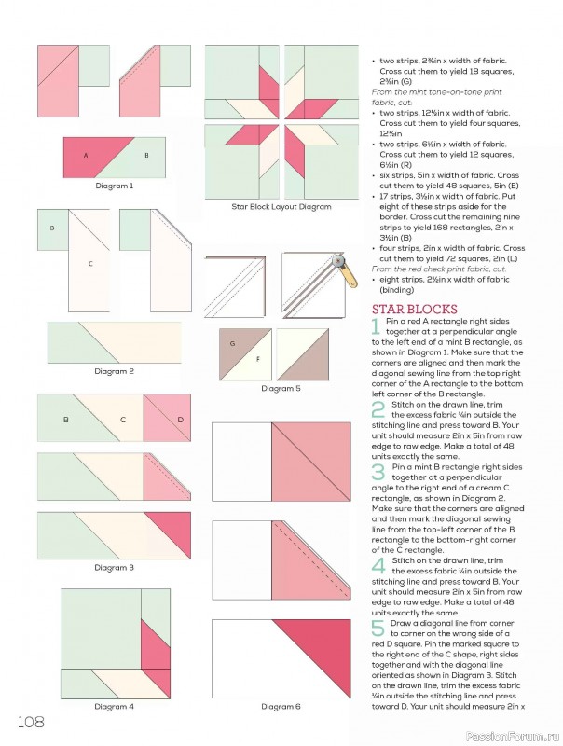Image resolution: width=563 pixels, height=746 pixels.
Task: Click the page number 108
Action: (x=30, y=722)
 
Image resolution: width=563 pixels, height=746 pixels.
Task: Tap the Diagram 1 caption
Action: (x=114, y=186)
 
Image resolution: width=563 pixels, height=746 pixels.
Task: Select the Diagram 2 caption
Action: (x=114, y=371)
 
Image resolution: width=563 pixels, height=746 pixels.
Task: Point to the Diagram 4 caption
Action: (x=114, y=706)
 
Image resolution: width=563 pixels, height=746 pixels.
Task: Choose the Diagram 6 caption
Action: (x=280, y=706)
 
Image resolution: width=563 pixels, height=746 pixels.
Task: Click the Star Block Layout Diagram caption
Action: (x=281, y=206)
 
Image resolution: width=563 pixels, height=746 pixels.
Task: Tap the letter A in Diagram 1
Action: (x=86, y=155)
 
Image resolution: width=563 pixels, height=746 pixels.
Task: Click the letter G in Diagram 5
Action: (x=230, y=343)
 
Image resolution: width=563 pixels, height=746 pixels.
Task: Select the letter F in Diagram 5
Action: (x=257, y=359)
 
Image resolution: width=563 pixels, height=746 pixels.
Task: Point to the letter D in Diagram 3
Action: (x=180, y=420)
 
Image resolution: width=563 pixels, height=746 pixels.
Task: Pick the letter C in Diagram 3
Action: (x=122, y=420)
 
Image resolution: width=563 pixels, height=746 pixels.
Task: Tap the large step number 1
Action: (x=377, y=326)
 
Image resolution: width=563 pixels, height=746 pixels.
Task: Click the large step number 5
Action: (x=377, y=628)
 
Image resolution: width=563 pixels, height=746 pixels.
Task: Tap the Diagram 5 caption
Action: (x=281, y=388)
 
